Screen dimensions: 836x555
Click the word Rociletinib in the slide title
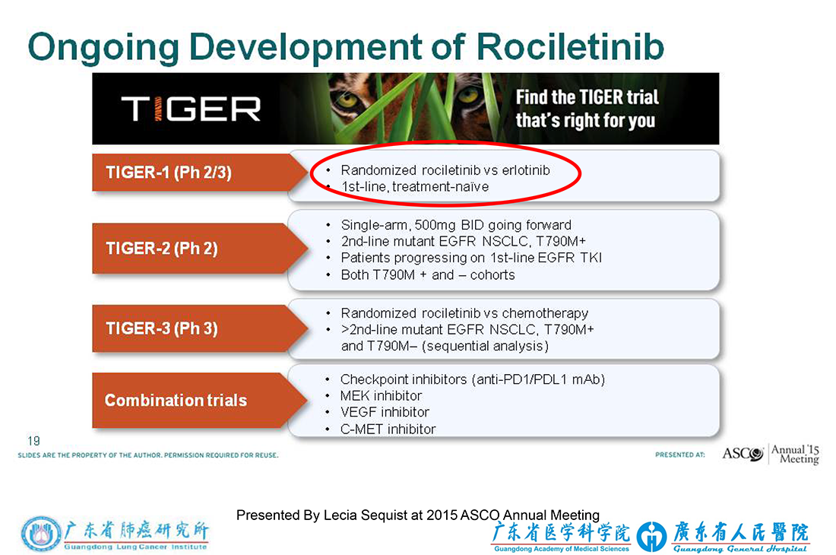(570, 46)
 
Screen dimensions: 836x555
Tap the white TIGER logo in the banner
(191, 109)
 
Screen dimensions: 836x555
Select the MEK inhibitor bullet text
(381, 395)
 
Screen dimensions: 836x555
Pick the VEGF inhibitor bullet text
(385, 412)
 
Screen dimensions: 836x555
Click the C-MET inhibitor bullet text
(388, 430)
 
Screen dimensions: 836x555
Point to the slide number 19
(33, 441)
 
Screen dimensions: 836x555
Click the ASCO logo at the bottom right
(743, 454)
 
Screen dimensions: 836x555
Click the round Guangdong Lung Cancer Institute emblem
(41, 534)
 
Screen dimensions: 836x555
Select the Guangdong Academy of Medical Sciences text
(562, 549)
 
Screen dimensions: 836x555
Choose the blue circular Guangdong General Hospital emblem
(651, 536)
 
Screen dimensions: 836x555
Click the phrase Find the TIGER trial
(587, 97)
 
